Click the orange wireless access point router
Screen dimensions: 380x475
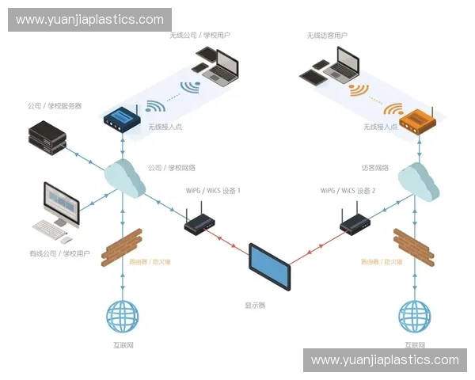click(x=416, y=121)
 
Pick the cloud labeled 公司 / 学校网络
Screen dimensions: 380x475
click(x=123, y=179)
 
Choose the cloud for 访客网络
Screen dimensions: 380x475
click(x=418, y=180)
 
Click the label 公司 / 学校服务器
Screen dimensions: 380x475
click(x=55, y=105)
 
